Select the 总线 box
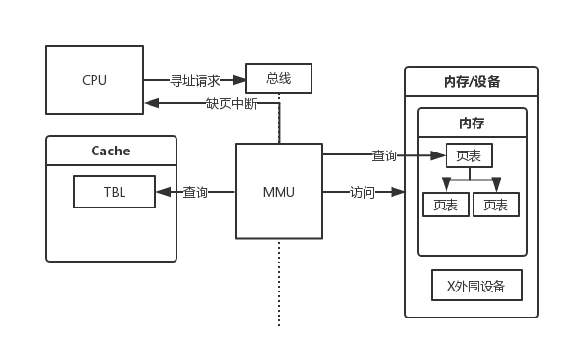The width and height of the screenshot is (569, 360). pos(279,78)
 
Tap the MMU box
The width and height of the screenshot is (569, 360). pos(279,191)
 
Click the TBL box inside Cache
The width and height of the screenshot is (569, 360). pos(115,191)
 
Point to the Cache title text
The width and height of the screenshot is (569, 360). pos(111,151)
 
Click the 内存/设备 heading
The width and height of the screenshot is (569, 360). pos(472,81)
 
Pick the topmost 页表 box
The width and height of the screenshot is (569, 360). pos(470,154)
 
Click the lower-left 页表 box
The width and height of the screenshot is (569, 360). pos(446,205)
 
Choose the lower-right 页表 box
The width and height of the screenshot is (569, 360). pos(496,205)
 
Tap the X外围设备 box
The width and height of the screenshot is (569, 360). pos(476,287)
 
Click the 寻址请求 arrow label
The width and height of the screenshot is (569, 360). pos(195,80)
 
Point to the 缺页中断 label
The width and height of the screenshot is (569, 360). pos(231,103)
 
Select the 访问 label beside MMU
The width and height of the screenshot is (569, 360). pos(362,192)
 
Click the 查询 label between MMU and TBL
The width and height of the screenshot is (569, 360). pos(196,192)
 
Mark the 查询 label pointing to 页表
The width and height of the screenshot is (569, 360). pos(384,155)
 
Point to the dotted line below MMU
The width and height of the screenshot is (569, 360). pos(280,280)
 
